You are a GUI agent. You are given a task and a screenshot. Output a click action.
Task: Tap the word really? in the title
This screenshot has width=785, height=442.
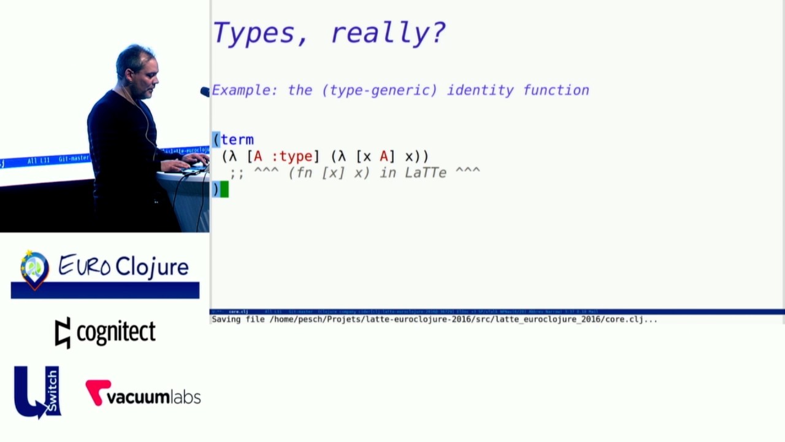[388, 33]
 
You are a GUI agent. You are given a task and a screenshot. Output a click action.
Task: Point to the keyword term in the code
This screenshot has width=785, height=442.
[237, 140]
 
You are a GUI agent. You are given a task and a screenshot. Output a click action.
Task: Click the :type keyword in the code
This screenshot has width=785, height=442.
[291, 157]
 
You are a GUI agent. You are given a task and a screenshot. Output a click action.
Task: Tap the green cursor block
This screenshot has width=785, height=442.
[224, 190]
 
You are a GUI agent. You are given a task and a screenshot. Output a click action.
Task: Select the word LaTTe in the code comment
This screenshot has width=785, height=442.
[426, 173]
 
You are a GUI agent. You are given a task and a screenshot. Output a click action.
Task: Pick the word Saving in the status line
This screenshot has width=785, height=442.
[228, 319]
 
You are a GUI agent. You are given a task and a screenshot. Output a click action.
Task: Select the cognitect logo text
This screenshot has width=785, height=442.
[116, 332]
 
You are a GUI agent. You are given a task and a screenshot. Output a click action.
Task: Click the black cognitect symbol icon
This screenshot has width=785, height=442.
[63, 333]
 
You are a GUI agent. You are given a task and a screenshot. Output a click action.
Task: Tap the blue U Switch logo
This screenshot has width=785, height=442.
[37, 392]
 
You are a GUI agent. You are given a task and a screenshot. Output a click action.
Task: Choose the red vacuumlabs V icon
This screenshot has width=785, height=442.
[97, 392]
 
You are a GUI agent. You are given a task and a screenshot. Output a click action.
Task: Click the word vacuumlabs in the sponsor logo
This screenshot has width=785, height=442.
[153, 397]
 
